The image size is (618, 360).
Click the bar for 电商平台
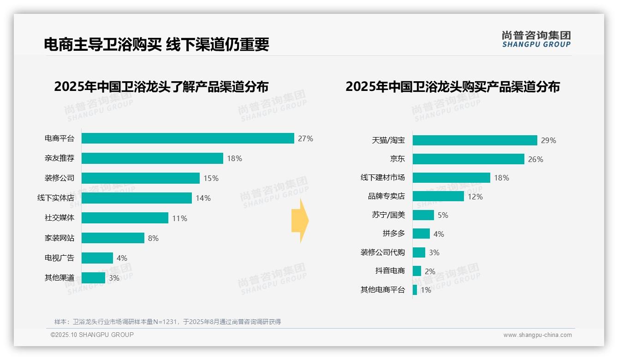(x=188, y=138)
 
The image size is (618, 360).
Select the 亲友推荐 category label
(x=59, y=158)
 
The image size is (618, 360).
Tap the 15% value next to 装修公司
(x=211, y=178)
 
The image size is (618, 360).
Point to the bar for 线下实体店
(x=137, y=198)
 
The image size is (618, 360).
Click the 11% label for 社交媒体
(x=180, y=218)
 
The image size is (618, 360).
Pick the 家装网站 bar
(x=113, y=238)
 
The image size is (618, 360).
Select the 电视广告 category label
(x=59, y=258)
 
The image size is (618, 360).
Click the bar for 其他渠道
(x=94, y=278)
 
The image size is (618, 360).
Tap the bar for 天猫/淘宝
(x=475, y=140)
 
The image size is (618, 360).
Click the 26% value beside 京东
(x=536, y=159)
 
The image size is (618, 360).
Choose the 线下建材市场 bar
(x=451, y=178)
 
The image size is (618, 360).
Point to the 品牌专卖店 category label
(x=386, y=196)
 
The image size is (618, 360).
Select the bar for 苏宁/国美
(x=423, y=215)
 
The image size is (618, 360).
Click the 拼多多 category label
(x=393, y=234)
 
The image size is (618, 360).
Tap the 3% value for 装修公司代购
(x=434, y=252)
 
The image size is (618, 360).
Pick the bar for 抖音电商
(x=417, y=271)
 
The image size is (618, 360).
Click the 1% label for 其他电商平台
(x=426, y=290)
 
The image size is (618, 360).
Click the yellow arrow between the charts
(x=300, y=221)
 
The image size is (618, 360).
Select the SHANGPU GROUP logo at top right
(x=536, y=39)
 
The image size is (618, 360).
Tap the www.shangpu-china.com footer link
(x=537, y=335)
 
